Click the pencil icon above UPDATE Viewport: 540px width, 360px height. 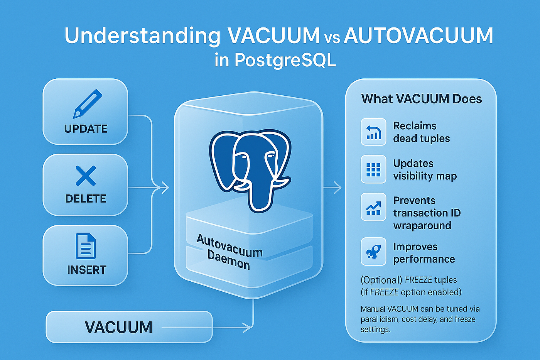tap(87, 104)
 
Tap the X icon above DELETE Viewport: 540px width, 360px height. tap(86, 176)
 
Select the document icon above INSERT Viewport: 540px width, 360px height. tap(86, 246)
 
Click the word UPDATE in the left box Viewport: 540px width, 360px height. tap(86, 129)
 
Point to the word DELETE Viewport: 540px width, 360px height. tap(86, 199)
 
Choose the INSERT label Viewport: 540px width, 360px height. tap(86, 270)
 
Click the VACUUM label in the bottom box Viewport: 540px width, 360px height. tap(119, 327)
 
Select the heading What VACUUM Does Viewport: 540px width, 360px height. tap(421, 99)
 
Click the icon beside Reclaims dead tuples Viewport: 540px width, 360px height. tap(373, 132)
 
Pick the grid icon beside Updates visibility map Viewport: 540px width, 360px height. tap(373, 169)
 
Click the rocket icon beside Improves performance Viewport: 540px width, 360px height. tap(373, 251)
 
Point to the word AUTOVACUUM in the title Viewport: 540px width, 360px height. tap(418, 35)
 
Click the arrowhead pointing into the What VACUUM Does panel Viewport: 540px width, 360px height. tap(337, 187)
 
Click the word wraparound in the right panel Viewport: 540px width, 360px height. tap(422, 226)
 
